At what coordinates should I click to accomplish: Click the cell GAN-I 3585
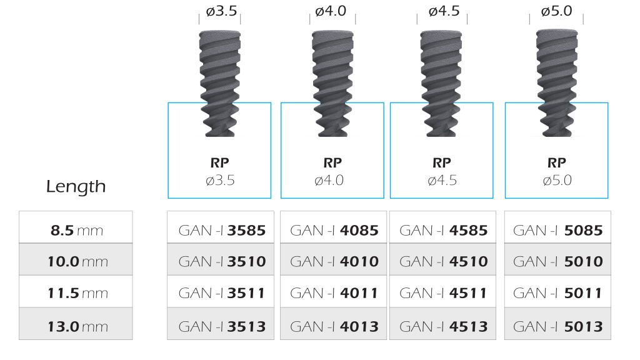221,227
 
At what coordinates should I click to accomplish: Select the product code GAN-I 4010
334,259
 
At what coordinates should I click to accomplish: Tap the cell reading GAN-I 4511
443,291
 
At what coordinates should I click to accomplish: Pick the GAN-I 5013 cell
557,324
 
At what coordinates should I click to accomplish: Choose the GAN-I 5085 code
557,227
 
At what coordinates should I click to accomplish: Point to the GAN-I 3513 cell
221,324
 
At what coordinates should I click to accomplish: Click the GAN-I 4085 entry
334,227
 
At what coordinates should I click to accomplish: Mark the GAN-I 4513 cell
443,324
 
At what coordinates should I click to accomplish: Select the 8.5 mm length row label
76,227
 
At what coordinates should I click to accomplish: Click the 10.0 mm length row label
76,259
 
